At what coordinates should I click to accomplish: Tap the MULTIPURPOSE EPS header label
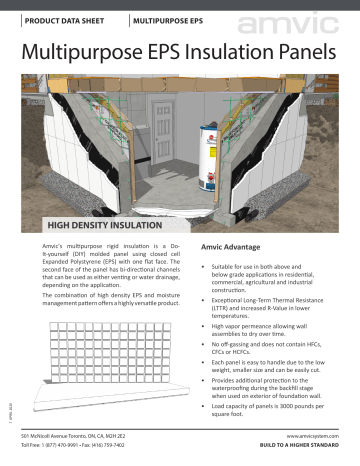171,20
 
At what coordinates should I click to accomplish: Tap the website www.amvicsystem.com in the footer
311,436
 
